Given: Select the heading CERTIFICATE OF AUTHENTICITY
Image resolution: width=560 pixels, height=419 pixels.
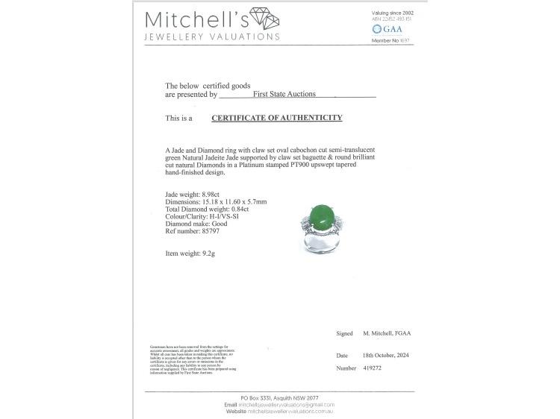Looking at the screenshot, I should click(x=277, y=118).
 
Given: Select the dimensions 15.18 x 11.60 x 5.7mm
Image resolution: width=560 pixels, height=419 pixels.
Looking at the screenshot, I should click(x=231, y=201).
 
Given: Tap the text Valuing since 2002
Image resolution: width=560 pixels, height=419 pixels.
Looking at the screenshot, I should click(x=393, y=13).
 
